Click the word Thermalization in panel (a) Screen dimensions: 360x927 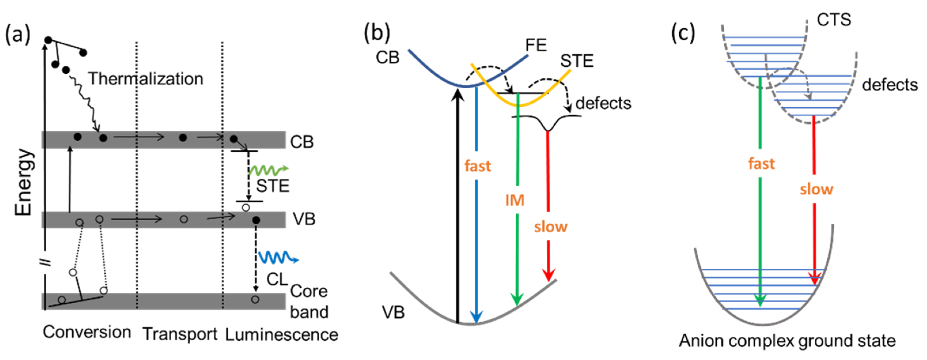click(x=146, y=78)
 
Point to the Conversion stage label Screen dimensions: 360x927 click(x=87, y=332)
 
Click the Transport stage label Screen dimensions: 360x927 click(x=180, y=334)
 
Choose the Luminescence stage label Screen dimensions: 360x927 click(x=281, y=335)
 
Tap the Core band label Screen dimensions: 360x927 click(x=309, y=302)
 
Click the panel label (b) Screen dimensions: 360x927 click(x=377, y=33)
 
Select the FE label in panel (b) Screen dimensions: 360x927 click(x=536, y=45)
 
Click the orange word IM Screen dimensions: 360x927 click(x=515, y=200)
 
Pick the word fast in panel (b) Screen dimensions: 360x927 click(x=477, y=166)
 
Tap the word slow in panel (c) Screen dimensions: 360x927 click(x=816, y=189)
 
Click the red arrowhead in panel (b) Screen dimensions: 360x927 click(x=548, y=275)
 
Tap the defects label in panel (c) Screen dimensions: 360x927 click(x=890, y=85)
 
